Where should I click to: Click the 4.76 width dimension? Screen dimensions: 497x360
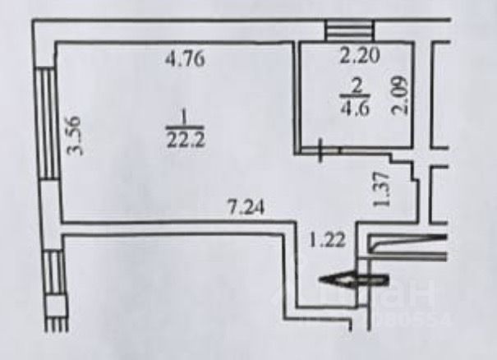point(185,59)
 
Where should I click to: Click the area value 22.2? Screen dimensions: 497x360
point(185,138)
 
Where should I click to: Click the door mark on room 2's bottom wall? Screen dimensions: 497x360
point(320,150)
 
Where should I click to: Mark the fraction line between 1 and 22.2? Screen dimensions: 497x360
point(185,126)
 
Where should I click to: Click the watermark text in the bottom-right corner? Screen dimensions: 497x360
point(411,304)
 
